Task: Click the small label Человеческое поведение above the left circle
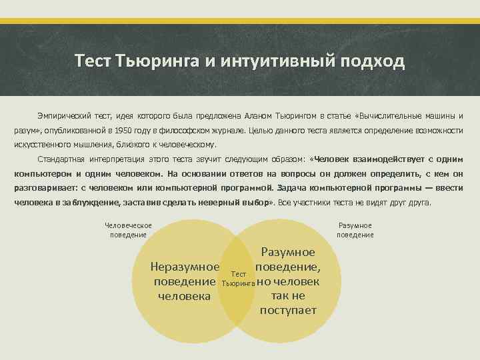click(x=129, y=230)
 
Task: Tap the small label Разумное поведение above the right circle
click(x=355, y=230)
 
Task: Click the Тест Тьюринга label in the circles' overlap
click(x=239, y=279)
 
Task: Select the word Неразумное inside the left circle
click(x=185, y=267)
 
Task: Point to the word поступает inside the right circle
click(x=288, y=310)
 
